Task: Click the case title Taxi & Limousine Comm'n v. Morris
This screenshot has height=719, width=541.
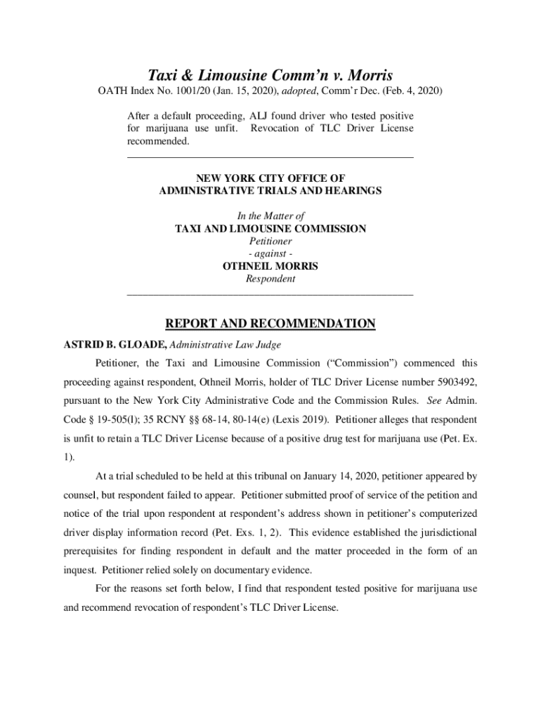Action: (x=270, y=75)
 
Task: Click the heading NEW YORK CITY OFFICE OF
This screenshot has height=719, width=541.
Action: (x=270, y=178)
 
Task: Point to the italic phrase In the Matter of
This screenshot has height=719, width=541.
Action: (x=270, y=216)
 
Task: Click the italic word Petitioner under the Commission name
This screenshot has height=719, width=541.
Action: (x=270, y=241)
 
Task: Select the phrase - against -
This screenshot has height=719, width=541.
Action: (x=270, y=253)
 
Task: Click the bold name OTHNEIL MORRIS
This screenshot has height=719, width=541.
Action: (x=270, y=266)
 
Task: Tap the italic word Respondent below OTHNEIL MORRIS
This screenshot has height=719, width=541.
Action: (x=270, y=279)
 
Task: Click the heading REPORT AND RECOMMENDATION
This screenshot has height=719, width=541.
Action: (x=270, y=324)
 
